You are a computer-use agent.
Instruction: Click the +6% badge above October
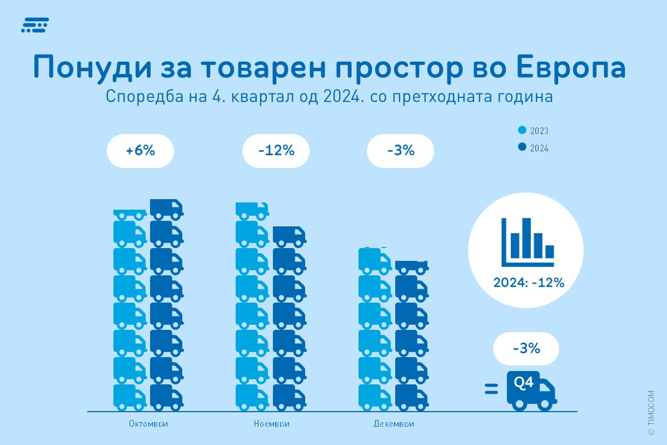click(x=140, y=151)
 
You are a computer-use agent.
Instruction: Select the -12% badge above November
click(x=276, y=151)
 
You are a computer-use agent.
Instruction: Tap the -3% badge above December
click(x=400, y=151)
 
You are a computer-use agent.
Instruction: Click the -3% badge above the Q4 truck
click(x=525, y=349)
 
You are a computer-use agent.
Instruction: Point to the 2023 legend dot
click(x=521, y=131)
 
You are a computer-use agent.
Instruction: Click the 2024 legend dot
click(x=521, y=148)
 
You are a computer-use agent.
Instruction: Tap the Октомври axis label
click(x=148, y=424)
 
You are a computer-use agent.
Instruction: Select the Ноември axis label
click(x=272, y=424)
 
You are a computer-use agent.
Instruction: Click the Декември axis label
click(x=394, y=424)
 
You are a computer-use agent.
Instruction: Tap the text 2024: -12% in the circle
click(x=529, y=283)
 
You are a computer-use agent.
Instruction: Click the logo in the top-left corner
click(x=34, y=25)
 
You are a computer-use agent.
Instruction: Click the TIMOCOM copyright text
click(x=651, y=412)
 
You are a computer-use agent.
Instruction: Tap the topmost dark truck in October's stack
click(x=166, y=209)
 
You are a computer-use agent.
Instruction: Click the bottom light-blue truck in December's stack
click(x=375, y=397)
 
